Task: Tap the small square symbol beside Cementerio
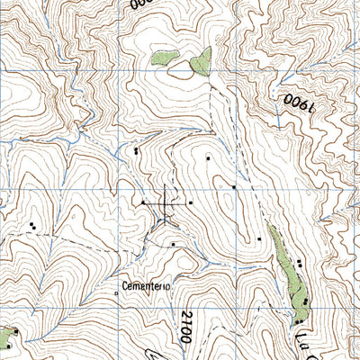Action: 117,292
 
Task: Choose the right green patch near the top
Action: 200,61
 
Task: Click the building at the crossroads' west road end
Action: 142,203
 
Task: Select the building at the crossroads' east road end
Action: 191,203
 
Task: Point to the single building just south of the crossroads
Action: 172,244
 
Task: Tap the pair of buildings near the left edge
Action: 32,225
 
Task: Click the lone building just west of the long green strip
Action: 259,239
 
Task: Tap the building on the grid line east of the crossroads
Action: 234,187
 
